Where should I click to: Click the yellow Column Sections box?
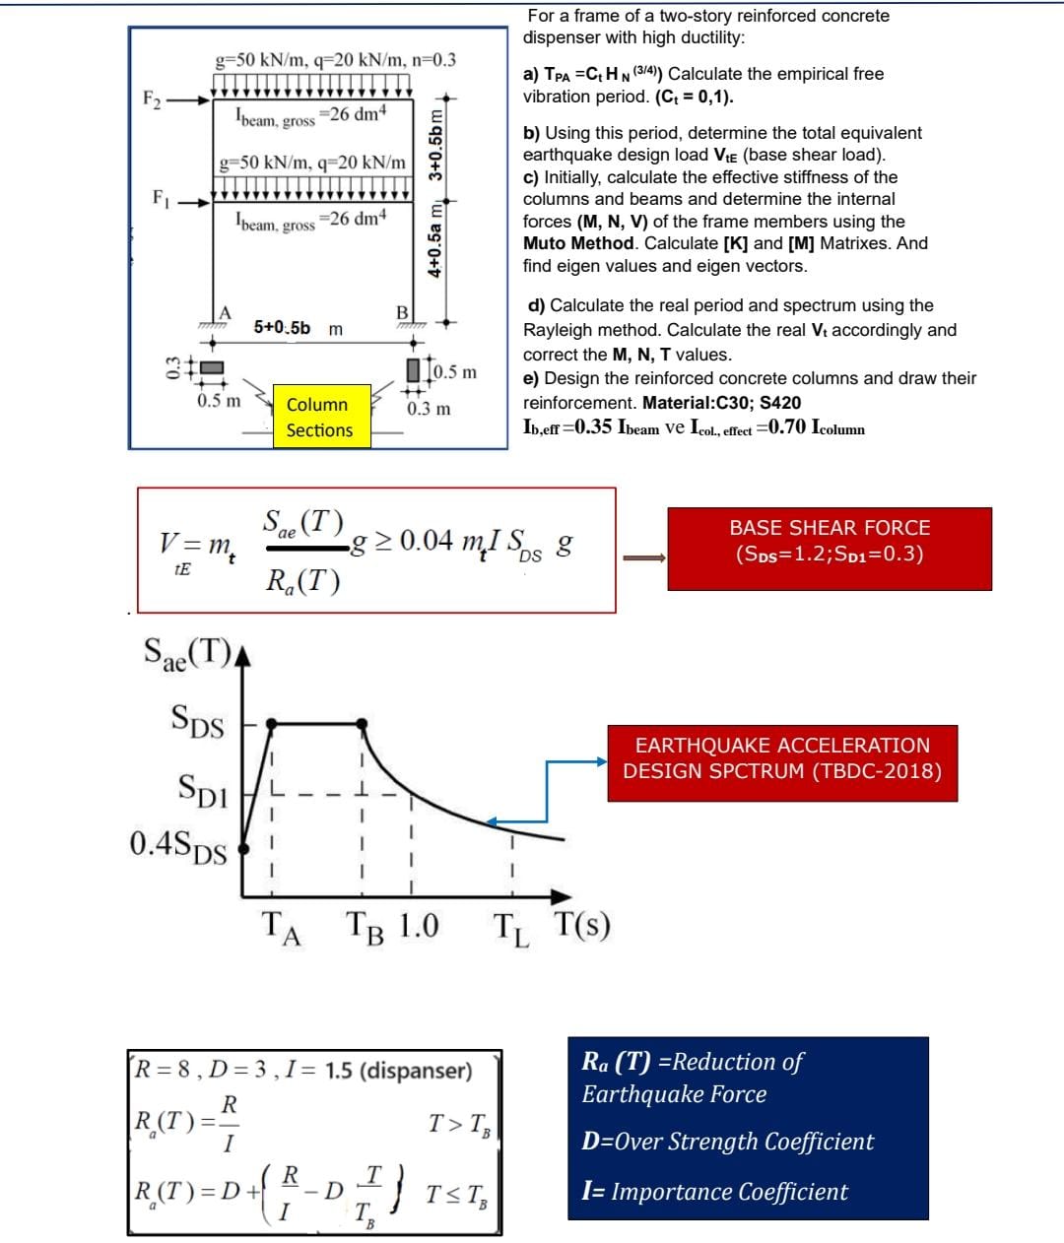(x=322, y=416)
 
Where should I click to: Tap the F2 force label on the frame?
(x=152, y=99)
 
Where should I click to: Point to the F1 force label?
(x=161, y=198)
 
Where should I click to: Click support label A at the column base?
(x=225, y=312)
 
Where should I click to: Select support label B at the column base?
(x=402, y=312)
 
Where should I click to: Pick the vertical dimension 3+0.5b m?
(x=435, y=145)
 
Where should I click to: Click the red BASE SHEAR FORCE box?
(x=830, y=549)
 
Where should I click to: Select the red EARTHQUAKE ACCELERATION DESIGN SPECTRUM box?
(x=782, y=763)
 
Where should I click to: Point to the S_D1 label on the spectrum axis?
(x=203, y=790)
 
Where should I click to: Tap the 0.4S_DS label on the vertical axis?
(x=178, y=847)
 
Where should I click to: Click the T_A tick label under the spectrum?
(x=281, y=929)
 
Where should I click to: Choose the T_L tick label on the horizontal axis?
(x=511, y=930)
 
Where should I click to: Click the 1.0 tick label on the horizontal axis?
(x=419, y=926)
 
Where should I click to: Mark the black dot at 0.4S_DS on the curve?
(x=243, y=848)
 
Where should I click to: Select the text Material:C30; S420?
(x=722, y=402)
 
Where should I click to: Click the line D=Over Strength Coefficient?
(x=727, y=1142)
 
